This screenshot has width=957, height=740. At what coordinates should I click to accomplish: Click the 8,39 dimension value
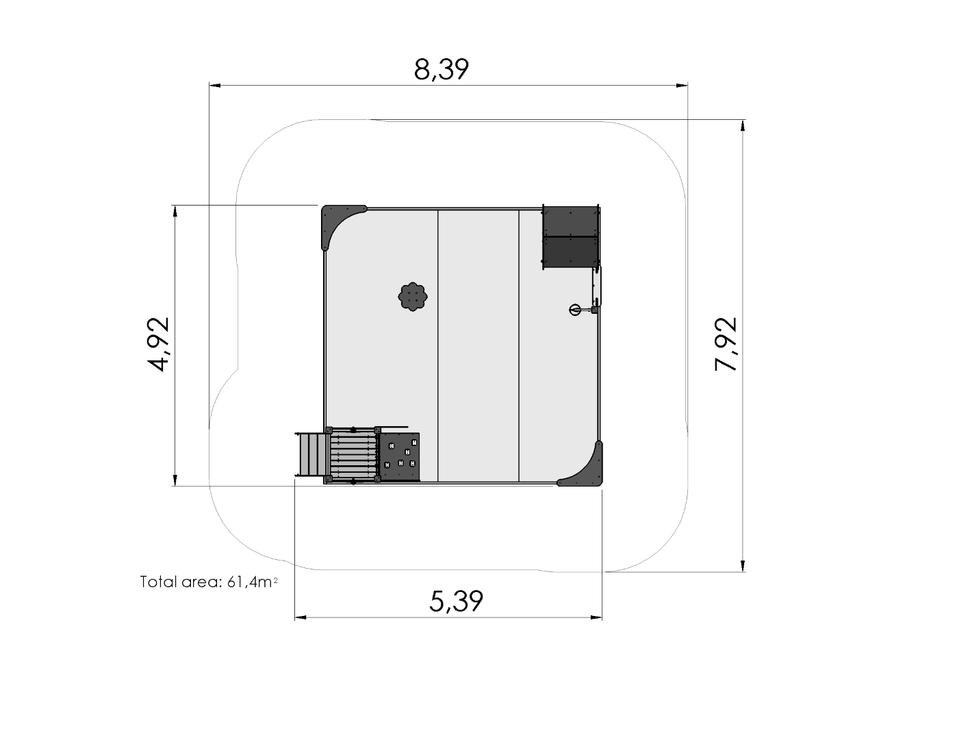click(x=442, y=70)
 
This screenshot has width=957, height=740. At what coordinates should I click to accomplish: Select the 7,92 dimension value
click(x=726, y=344)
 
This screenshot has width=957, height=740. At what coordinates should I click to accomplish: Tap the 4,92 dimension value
click(x=157, y=344)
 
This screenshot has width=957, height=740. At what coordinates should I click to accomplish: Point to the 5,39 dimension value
click(x=456, y=601)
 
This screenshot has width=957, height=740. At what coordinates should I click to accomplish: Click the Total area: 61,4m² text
click(x=209, y=582)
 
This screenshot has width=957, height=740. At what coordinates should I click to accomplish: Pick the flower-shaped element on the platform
click(x=413, y=297)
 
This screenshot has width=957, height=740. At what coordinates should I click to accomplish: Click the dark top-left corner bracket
click(x=339, y=224)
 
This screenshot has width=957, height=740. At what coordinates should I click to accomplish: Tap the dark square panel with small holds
click(x=400, y=456)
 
